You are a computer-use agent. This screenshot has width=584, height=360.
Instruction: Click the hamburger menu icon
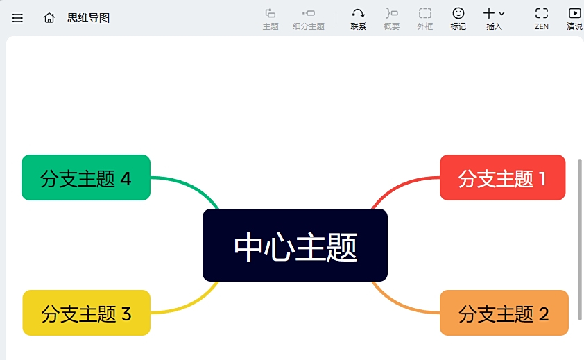click(x=17, y=18)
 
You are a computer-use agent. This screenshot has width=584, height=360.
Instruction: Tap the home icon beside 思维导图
click(x=49, y=18)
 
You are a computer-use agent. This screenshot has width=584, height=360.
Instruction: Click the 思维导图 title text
click(x=88, y=18)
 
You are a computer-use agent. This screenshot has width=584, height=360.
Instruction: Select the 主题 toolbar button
click(x=270, y=19)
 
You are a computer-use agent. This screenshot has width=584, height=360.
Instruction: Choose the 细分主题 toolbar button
click(x=309, y=19)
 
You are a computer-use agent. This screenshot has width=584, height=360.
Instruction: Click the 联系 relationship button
click(x=358, y=19)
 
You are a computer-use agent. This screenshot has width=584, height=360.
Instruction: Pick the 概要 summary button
click(x=392, y=19)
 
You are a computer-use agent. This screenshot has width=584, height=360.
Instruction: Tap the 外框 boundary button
click(x=424, y=19)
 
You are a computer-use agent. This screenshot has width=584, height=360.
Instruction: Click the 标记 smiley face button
click(x=458, y=19)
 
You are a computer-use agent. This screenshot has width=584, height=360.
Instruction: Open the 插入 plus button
click(x=494, y=19)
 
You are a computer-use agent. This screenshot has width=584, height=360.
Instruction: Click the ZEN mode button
click(x=542, y=19)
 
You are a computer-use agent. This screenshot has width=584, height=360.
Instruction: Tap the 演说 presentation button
click(x=574, y=19)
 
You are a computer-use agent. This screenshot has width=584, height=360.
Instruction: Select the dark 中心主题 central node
click(x=295, y=246)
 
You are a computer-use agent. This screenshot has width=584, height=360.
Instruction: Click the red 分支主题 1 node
click(x=502, y=178)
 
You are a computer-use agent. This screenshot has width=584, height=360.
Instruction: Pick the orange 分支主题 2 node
click(x=504, y=313)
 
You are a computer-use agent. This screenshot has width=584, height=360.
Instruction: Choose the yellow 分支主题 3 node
click(x=86, y=313)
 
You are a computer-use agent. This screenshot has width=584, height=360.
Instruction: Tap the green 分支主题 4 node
click(x=86, y=178)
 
